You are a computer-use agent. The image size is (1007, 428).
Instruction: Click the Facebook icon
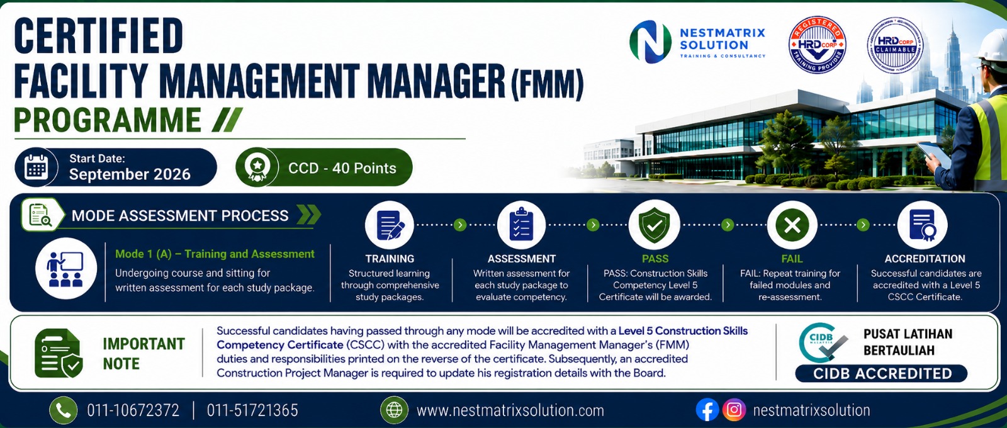pyautogui.click(x=707, y=410)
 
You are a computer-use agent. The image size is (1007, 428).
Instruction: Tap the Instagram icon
pyautogui.click(x=734, y=410)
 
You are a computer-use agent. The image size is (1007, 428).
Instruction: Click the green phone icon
pyautogui.click(x=64, y=410)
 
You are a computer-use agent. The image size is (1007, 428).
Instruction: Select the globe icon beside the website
pyautogui.click(x=394, y=410)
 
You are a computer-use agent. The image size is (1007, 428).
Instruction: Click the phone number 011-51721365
pyautogui.click(x=252, y=410)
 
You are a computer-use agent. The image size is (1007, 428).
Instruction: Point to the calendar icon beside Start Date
pyautogui.click(x=36, y=167)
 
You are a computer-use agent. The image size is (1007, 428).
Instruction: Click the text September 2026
pyautogui.click(x=130, y=174)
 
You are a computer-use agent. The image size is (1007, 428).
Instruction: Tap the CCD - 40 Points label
pyautogui.click(x=342, y=168)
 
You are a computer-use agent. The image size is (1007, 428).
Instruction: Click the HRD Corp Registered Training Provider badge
pyautogui.click(x=818, y=45)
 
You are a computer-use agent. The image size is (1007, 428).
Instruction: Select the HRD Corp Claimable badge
pyautogui.click(x=895, y=45)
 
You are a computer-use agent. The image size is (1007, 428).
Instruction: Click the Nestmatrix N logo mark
pyautogui.click(x=651, y=42)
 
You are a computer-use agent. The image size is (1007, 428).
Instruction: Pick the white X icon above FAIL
pyautogui.click(x=792, y=225)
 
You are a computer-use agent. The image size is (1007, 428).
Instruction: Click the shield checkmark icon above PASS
pyautogui.click(x=655, y=225)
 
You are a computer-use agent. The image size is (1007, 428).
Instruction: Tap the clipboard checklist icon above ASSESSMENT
pyautogui.click(x=522, y=225)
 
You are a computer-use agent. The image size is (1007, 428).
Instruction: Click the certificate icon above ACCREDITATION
pyautogui.click(x=923, y=225)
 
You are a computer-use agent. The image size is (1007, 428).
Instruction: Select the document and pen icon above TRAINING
pyautogui.click(x=390, y=225)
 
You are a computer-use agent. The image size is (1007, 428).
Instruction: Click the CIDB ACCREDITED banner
pyautogui.click(x=882, y=374)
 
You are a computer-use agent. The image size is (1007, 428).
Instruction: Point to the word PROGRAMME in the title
pyautogui.click(x=108, y=120)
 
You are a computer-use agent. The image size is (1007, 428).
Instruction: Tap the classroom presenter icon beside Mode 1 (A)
pyautogui.click(x=66, y=269)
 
